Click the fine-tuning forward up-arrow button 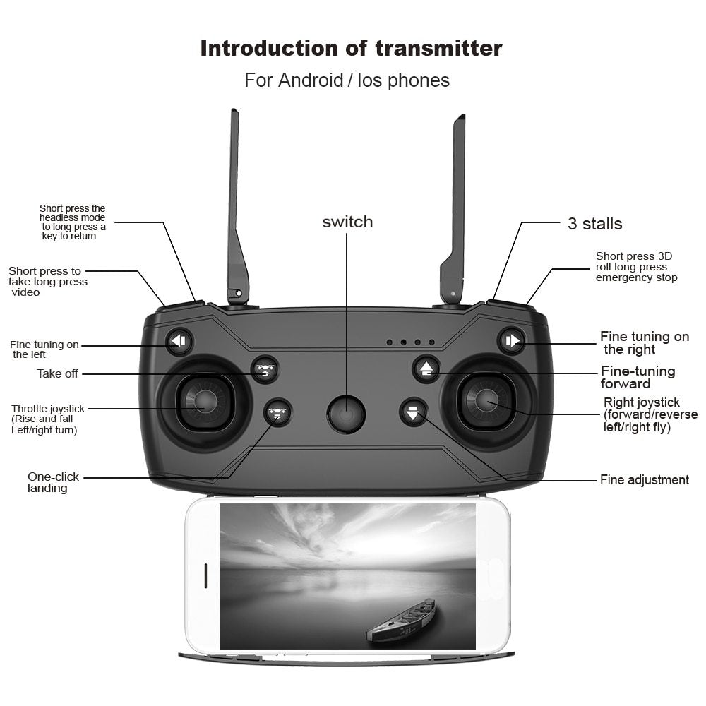click(x=426, y=369)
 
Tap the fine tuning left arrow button click(x=179, y=342)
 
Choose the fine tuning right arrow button click(x=511, y=341)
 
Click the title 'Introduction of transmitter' click(x=351, y=48)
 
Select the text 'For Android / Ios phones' click(x=347, y=80)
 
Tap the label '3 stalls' click(x=594, y=224)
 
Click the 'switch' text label click(x=347, y=222)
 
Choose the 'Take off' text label click(x=57, y=373)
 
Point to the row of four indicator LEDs click(x=410, y=342)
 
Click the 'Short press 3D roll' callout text click(x=635, y=267)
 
